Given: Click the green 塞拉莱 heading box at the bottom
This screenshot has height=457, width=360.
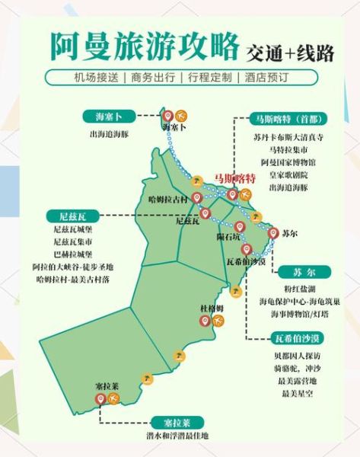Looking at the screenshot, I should [x=174, y=420].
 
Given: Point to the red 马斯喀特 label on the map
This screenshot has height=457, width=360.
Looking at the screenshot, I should [x=235, y=177].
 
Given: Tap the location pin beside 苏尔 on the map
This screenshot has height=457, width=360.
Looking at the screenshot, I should [x=270, y=232].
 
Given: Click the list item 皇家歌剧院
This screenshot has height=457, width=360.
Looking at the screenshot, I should [x=288, y=174].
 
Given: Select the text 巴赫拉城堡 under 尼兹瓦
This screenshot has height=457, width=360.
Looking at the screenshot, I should [x=73, y=254].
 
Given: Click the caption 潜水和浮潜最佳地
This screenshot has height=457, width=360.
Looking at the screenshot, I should [x=174, y=437].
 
